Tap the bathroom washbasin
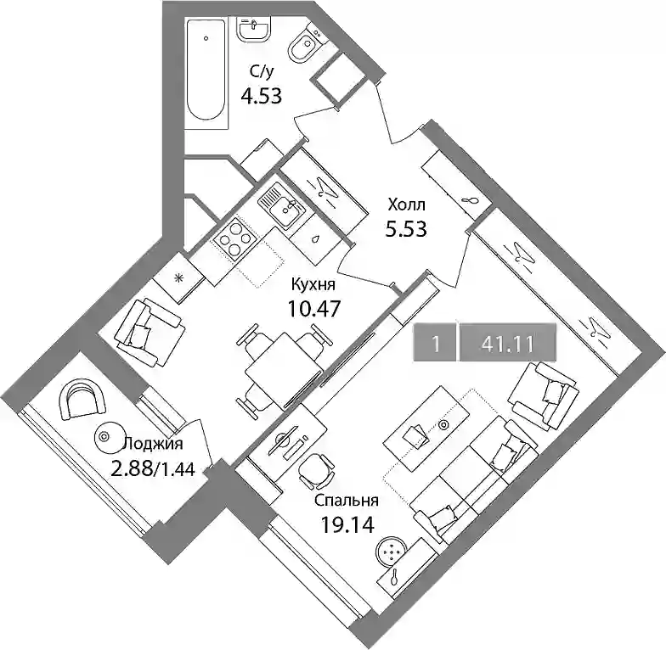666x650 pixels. pyautogui.click(x=253, y=30)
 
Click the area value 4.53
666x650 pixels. pyautogui.click(x=262, y=97)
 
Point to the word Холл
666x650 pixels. pyautogui.click(x=406, y=205)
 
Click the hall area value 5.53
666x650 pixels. pyautogui.click(x=406, y=229)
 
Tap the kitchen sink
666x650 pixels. pyautogui.click(x=281, y=207)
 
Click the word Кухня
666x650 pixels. pyautogui.click(x=313, y=284)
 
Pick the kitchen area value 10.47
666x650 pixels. pyautogui.click(x=314, y=309)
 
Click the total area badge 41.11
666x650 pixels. pyautogui.click(x=508, y=343)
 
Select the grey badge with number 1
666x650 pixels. pyautogui.click(x=435, y=343)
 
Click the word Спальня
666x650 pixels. pyautogui.click(x=347, y=501)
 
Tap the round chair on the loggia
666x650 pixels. pyautogui.click(x=82, y=398)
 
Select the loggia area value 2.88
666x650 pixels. pyautogui.click(x=133, y=468)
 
